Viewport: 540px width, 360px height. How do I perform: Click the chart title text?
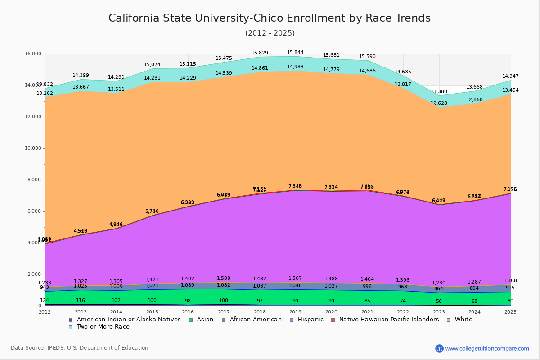tap(270, 18)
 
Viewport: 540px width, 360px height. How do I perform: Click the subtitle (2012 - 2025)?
tap(270, 33)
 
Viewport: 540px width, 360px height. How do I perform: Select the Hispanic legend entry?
tap(308, 319)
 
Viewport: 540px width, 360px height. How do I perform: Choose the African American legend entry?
tap(256, 319)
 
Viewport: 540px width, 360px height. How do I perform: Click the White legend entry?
tap(463, 319)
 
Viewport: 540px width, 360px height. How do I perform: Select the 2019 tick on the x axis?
tap(296, 311)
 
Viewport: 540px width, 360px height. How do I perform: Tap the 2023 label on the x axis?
tap(439, 311)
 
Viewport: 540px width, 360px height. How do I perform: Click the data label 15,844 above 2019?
tap(296, 52)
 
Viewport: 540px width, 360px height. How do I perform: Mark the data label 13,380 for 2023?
tap(439, 91)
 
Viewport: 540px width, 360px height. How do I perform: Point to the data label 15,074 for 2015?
tap(152, 65)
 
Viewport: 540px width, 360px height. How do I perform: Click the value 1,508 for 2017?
tap(224, 278)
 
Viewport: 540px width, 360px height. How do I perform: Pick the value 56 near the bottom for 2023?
tap(439, 301)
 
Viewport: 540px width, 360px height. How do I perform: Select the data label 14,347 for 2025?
tap(510, 76)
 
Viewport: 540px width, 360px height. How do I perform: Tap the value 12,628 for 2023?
tap(439, 103)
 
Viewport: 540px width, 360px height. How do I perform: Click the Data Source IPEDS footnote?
tap(80, 348)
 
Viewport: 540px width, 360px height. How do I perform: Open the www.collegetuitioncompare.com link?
tap(487, 348)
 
